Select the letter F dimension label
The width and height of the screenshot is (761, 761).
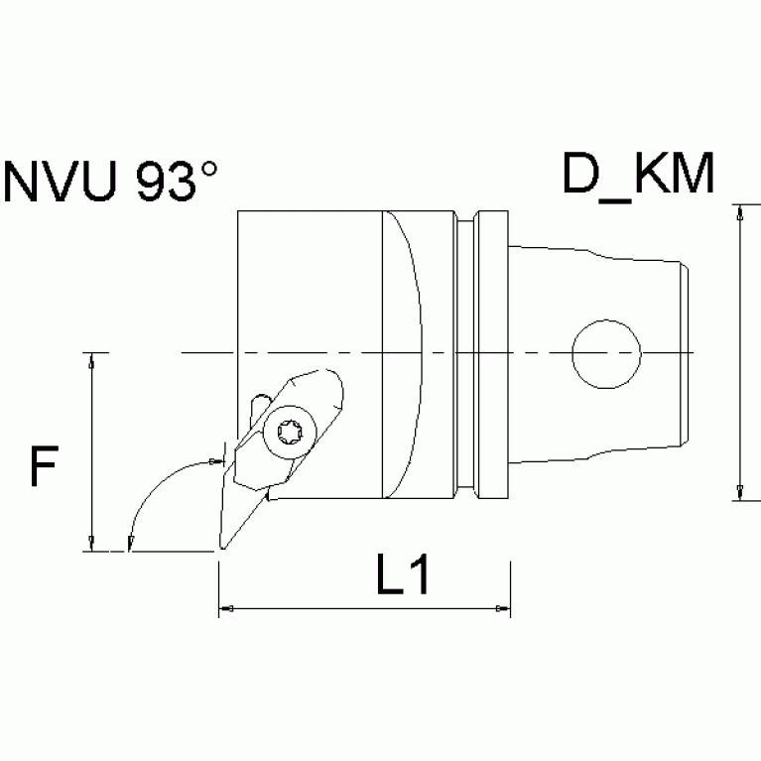tap(41, 466)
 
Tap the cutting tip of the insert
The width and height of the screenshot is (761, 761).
tap(220, 548)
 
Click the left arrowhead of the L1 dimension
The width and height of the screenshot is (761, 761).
tap(225, 607)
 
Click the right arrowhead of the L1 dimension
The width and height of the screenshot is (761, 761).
tap(503, 607)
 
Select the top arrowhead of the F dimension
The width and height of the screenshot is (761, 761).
tap(91, 360)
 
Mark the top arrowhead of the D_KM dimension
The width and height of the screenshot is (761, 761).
tap(739, 212)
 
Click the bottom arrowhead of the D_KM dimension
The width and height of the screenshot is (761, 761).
tap(739, 493)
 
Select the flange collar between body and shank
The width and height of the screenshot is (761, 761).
tap(491, 354)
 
